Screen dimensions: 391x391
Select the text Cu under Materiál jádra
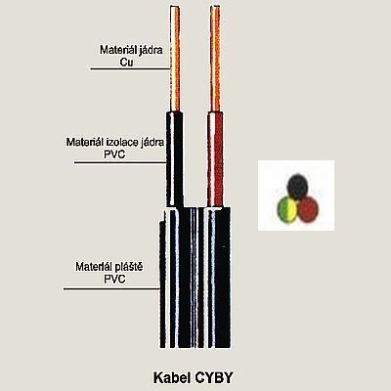click(126, 62)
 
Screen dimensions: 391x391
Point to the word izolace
click(121, 143)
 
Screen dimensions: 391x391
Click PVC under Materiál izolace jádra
click(114, 154)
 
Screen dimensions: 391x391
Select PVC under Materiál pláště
click(114, 279)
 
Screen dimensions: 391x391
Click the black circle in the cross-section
click(297, 187)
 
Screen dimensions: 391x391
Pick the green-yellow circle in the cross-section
click(287, 209)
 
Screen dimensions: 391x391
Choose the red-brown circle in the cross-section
click(308, 209)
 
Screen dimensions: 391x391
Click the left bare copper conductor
click(175, 60)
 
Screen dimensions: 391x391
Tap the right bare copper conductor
click(215, 60)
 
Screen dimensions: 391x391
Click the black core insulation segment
click(175, 159)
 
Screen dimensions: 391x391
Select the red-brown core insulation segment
click(215, 159)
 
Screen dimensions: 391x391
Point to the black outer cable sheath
click(195, 277)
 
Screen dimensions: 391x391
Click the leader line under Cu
click(130, 68)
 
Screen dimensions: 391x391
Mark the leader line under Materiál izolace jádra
click(120, 162)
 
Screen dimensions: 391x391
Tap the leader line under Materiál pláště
click(111, 288)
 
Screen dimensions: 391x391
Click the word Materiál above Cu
click(115, 50)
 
